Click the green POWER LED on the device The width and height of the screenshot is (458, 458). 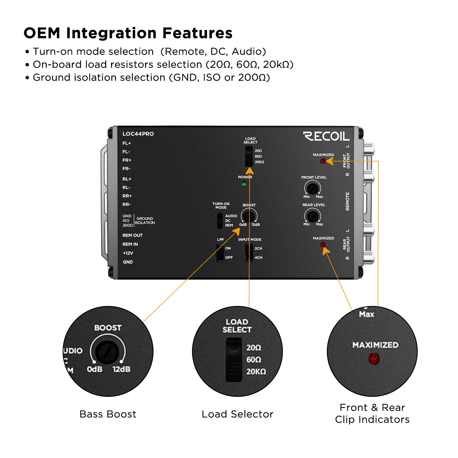244,184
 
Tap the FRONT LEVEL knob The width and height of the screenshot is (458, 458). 312,189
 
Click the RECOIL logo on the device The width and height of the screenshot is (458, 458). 326,136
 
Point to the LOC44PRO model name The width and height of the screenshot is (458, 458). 138,134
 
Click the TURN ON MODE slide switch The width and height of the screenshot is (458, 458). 220,221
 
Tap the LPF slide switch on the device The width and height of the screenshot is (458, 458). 220,253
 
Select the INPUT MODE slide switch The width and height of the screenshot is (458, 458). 249,253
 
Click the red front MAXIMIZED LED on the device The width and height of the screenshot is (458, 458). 323,161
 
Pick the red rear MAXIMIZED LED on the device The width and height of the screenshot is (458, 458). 323,244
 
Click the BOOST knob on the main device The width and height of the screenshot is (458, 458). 249,216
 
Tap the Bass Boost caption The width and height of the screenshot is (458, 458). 108,414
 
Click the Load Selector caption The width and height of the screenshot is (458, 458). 237,414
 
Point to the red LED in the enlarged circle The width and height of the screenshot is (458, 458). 374,359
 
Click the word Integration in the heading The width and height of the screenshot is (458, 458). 111,33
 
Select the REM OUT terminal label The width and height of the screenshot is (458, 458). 132,235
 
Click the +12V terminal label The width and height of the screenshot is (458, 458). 128,253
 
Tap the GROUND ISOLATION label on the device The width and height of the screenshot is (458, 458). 145,221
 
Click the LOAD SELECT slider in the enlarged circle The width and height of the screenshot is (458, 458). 234,360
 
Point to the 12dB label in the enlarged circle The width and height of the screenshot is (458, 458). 121,369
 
